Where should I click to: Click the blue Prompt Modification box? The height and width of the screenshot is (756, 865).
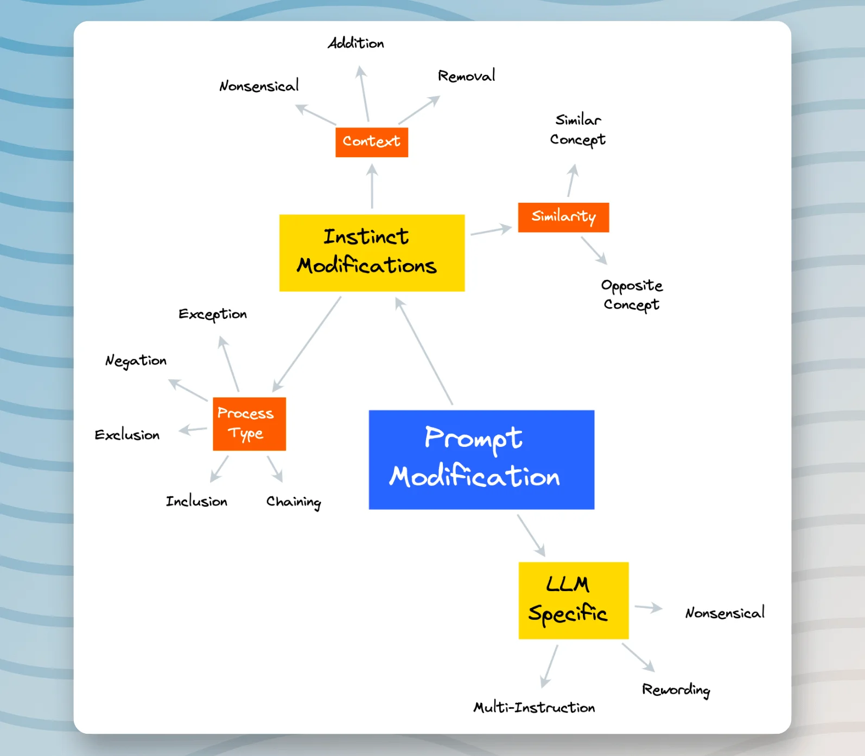tap(481, 459)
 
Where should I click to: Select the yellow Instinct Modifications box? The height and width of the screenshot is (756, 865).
tap(372, 253)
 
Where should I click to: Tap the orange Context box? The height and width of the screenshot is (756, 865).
tap(372, 142)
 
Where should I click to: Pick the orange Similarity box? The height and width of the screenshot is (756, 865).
tap(563, 217)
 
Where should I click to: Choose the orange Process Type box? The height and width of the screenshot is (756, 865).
tap(249, 424)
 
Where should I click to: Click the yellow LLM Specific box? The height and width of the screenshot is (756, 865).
tap(573, 600)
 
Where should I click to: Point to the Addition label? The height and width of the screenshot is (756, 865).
tap(356, 43)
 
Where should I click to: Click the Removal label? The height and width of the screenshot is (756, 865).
tap(466, 76)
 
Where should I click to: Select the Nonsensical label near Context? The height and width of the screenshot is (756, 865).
tap(259, 86)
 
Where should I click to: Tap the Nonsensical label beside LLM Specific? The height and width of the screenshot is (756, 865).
tap(724, 613)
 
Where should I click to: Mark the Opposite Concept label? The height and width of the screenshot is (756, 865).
tap(632, 294)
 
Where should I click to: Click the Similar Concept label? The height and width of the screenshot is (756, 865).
tap(578, 130)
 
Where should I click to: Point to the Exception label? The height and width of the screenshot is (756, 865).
tap(213, 315)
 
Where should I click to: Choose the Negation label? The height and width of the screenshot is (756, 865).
tap(136, 361)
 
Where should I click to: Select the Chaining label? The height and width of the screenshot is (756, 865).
tap(294, 502)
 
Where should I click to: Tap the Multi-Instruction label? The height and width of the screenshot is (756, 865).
tap(534, 707)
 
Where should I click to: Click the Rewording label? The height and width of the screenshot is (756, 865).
tap(676, 689)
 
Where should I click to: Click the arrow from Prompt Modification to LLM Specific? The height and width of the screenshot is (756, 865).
tap(531, 535)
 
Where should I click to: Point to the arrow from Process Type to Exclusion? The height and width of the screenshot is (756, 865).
tap(193, 430)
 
